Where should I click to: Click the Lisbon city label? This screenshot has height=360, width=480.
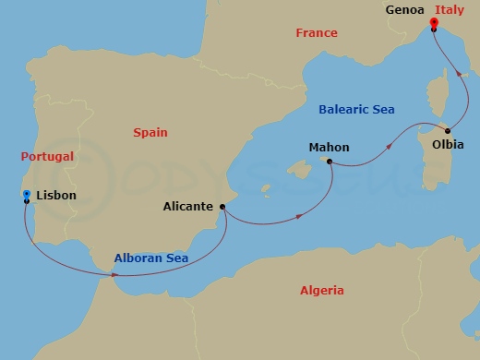pos(56,195)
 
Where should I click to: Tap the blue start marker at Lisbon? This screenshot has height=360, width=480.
pos(27,194)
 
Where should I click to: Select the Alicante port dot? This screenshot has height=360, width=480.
pos(222,207)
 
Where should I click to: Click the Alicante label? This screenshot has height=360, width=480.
pos(188,207)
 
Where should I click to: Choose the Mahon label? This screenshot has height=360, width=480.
pos(329,146)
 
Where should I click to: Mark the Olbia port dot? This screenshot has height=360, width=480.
pos(448,130)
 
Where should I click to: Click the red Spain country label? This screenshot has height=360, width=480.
pos(150,132)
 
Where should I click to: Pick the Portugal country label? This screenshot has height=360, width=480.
pos(46,157)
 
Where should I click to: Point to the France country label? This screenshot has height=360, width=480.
pos(317,33)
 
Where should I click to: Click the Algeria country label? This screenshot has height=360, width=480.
pos(322,291)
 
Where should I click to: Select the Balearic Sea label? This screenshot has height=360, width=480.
pos(356,109)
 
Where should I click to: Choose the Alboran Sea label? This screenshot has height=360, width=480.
pos(151,258)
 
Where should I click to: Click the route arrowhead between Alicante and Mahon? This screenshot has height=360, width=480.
pos(303,217)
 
